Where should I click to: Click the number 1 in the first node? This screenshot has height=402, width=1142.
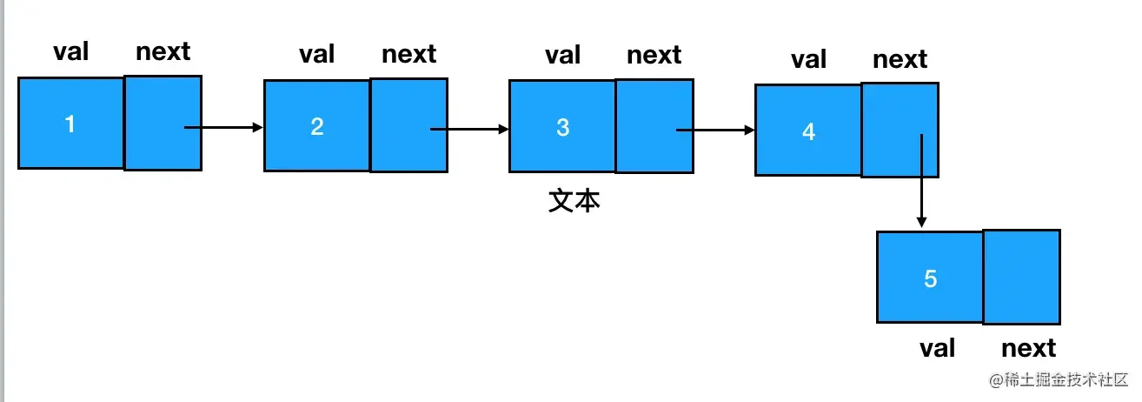70,124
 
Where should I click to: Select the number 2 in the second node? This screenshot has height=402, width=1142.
316,126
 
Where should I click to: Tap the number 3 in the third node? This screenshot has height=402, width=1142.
562,127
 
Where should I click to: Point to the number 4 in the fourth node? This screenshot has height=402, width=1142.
808,131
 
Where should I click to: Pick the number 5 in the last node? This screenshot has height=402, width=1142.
930,279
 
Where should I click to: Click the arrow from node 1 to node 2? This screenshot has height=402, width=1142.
223,128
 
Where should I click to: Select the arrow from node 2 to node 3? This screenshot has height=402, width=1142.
469,130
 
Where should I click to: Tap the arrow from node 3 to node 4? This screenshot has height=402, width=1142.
715,131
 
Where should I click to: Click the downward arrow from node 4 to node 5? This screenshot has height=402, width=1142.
920,178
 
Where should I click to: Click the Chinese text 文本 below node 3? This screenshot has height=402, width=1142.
574,201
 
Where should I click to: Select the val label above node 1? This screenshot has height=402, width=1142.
71,51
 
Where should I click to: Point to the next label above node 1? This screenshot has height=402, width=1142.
163,51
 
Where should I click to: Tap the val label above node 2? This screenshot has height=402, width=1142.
317,54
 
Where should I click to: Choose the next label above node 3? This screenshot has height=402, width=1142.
654,55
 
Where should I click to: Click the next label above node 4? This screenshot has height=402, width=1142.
900,59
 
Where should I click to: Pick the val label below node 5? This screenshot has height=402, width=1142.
937,348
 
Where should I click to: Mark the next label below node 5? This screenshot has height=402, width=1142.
1028,348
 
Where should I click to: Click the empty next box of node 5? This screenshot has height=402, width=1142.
1021,277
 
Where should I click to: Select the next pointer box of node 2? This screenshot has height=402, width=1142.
408,124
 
